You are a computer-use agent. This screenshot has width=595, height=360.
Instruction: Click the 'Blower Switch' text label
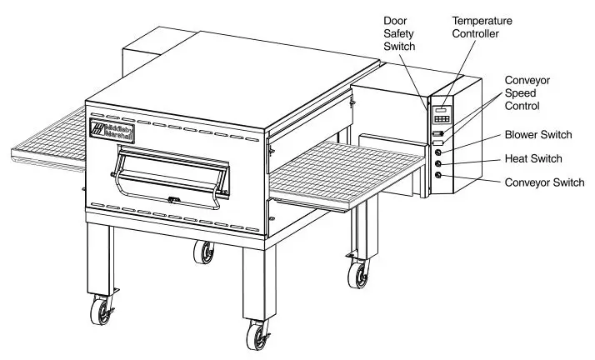coord(540,134)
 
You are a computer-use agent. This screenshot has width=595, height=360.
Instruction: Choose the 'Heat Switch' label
coord(533,158)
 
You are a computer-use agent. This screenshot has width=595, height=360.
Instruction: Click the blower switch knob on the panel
coord(438,152)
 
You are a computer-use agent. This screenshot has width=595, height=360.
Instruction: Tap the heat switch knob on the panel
coord(438,163)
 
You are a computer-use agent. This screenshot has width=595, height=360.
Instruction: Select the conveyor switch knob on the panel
coord(438,176)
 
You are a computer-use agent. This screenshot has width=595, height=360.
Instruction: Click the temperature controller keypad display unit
coord(442,114)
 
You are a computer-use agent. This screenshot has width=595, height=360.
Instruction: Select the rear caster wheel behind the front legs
coord(202,252)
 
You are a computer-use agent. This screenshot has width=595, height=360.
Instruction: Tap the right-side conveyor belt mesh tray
coord(342,171)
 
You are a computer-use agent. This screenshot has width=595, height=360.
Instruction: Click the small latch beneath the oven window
coord(172,200)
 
